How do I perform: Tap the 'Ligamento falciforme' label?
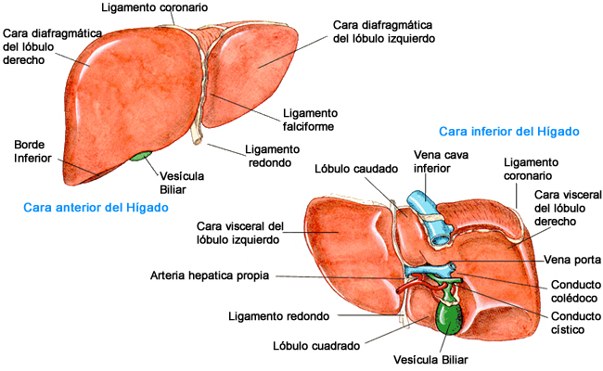(309, 120)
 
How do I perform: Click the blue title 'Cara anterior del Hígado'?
(96, 207)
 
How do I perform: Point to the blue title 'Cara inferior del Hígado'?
(509, 132)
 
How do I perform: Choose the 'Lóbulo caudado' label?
(356, 170)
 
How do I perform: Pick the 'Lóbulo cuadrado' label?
(316, 345)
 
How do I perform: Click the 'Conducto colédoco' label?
(573, 292)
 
